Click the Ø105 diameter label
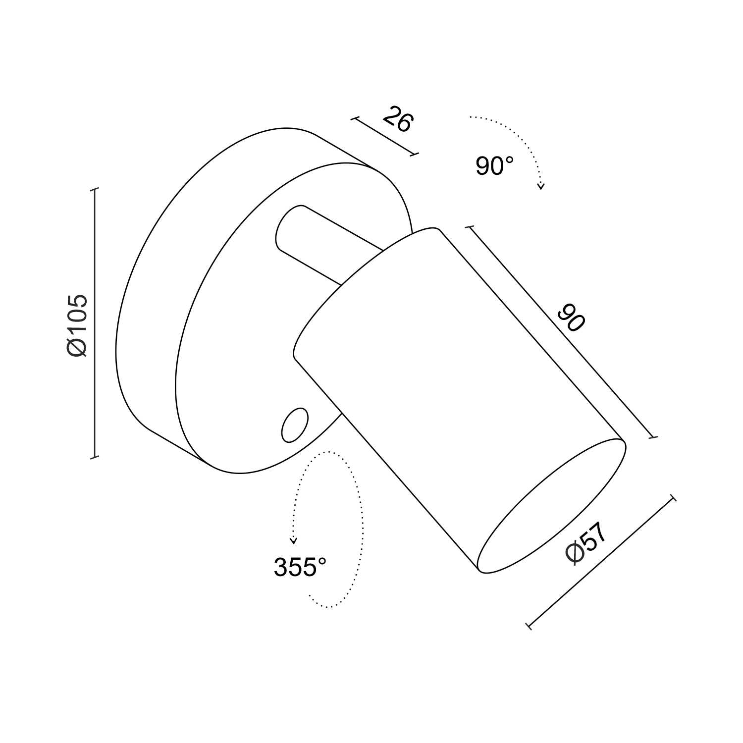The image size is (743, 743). point(77,325)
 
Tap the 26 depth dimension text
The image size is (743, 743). point(398,119)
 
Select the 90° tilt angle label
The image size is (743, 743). point(494,165)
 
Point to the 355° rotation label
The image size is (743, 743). point(300,567)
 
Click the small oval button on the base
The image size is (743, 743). point(294,425)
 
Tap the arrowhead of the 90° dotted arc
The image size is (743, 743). point(541,186)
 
